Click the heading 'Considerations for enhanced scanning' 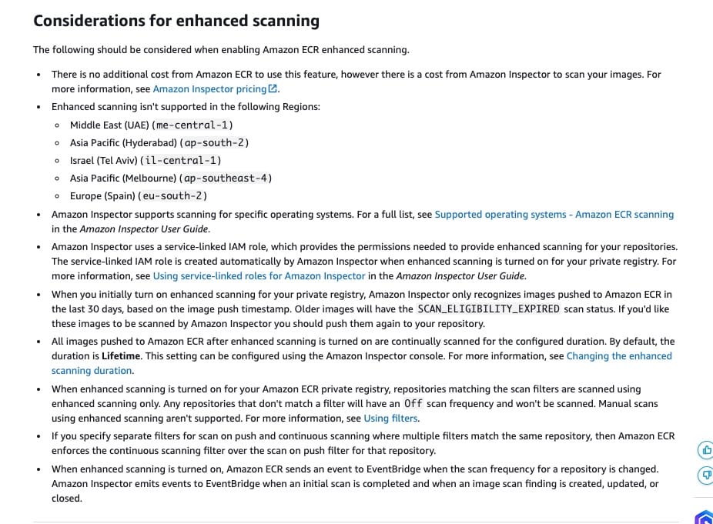176,21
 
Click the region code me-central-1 192,125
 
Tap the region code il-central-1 182,161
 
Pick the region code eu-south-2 173,196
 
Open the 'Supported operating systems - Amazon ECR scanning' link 554,215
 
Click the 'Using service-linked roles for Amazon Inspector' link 259,276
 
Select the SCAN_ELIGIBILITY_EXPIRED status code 488,309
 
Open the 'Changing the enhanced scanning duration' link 618,356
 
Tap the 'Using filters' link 390,419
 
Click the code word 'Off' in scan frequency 413,404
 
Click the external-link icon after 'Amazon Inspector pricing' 273,89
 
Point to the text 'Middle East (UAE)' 109,125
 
